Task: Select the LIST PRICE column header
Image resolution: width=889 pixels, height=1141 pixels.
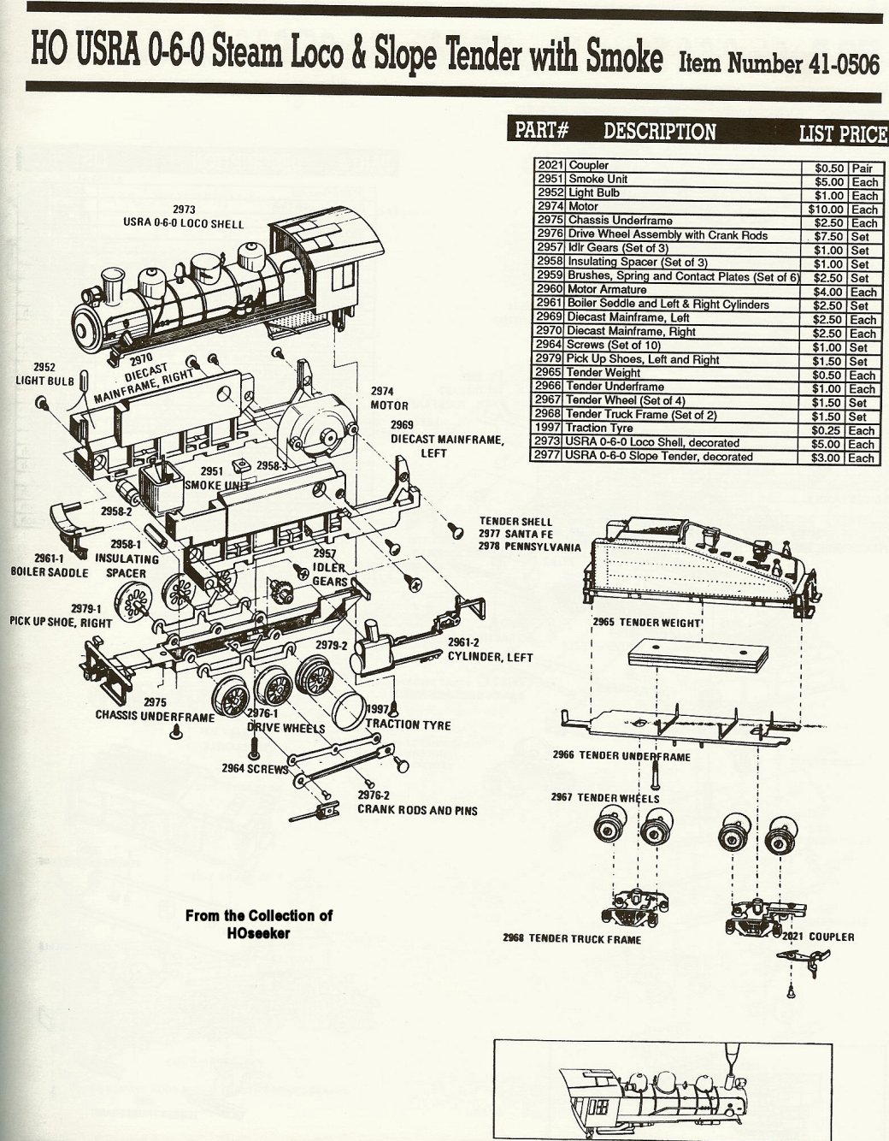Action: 841,133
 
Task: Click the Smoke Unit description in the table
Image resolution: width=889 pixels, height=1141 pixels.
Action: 598,180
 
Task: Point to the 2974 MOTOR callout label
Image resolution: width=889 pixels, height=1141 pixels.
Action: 389,399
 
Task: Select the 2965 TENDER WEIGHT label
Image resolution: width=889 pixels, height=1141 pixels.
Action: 647,622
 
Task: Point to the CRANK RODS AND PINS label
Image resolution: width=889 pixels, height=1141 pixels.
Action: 417,809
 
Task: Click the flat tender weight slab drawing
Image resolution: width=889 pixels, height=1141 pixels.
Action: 696,657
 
